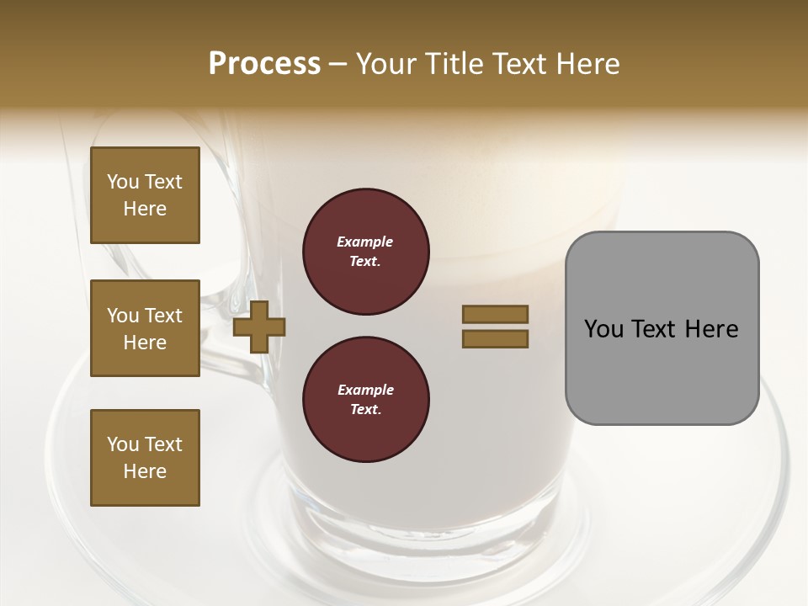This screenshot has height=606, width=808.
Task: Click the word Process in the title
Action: coord(264,64)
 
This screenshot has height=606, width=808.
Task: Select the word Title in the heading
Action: coord(454,64)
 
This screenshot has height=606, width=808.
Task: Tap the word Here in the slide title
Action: coord(589,64)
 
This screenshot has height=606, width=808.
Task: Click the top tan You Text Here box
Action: coord(145,195)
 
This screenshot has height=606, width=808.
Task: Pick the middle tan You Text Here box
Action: coord(145,328)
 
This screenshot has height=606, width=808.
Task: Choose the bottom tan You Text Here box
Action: coord(145,458)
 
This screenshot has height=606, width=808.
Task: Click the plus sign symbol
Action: coord(259,327)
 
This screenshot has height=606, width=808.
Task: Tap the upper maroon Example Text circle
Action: coord(365,252)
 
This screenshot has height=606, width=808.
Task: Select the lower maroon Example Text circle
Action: coord(365,400)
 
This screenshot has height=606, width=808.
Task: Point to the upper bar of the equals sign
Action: coord(495,314)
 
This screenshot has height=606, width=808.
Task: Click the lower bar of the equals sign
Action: coord(495,338)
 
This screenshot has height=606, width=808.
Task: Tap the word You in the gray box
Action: coord(604,329)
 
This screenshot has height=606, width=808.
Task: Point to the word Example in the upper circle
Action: coord(365,242)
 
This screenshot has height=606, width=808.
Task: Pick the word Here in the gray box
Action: coord(711,329)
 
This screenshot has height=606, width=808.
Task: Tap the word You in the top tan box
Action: coord(123,182)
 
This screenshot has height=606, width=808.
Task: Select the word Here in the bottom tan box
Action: coord(145,471)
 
